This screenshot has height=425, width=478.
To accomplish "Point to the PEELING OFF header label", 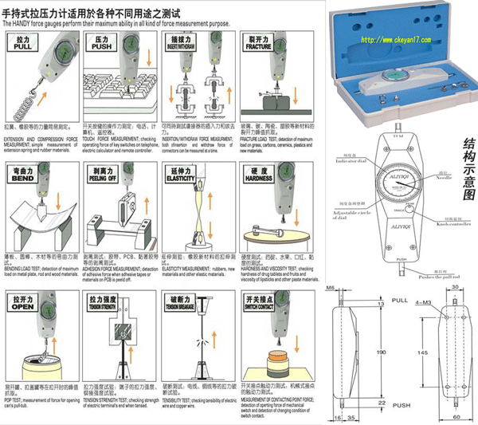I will [x=102, y=174].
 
